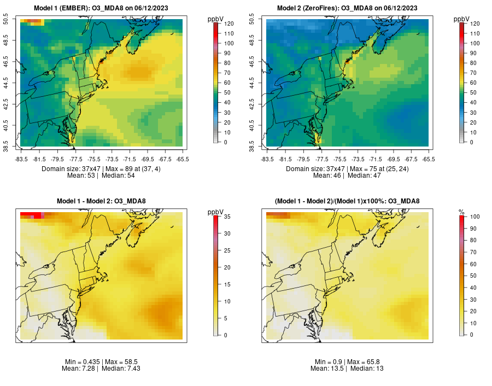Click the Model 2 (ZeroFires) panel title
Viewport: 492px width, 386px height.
tap(350, 8)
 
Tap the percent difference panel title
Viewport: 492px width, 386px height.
tap(350, 201)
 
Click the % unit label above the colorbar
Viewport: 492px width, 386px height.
tap(462, 212)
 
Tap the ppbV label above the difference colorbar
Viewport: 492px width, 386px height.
tap(216, 212)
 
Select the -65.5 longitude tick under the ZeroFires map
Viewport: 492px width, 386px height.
tap(429, 159)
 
